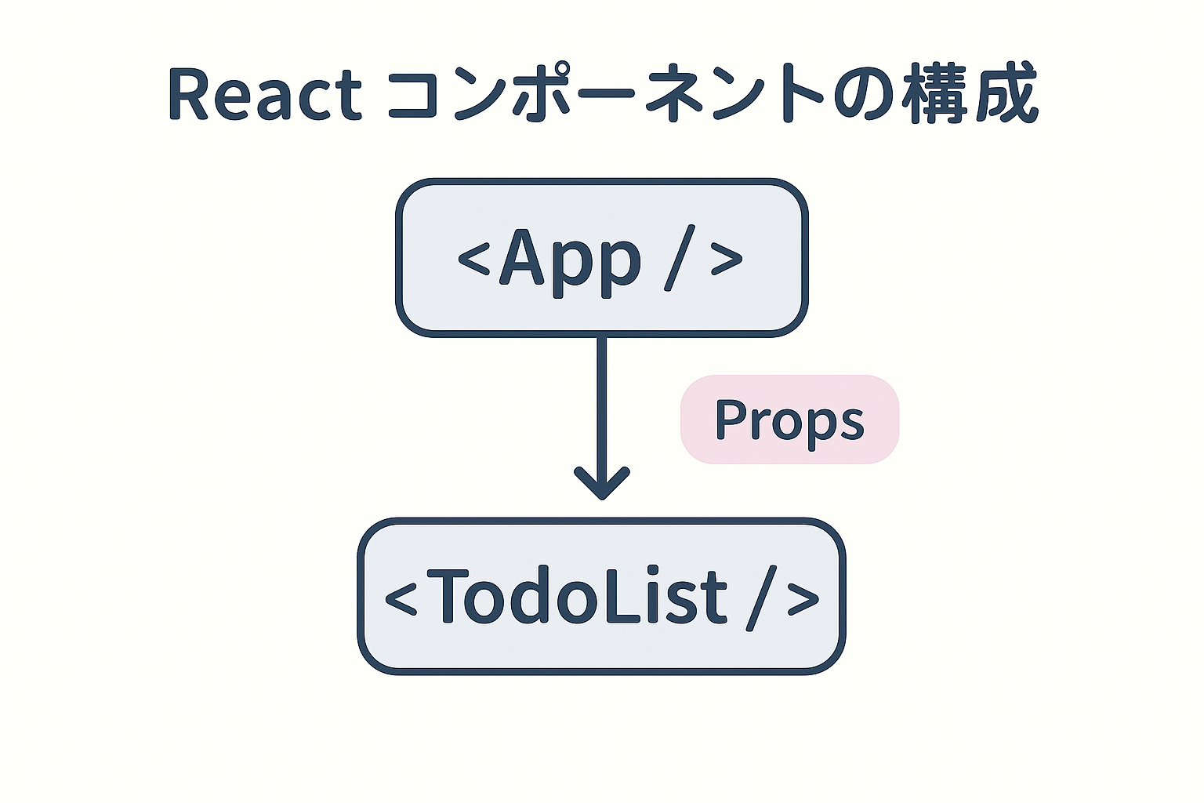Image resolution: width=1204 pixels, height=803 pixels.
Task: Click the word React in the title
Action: pos(264,95)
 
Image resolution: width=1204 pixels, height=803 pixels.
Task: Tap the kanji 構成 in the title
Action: pos(970,93)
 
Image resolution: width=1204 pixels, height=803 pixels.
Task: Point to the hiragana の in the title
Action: pos(863,95)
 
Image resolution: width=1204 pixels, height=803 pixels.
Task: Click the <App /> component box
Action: pos(601,258)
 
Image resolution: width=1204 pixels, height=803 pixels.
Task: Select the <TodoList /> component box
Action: pos(601,596)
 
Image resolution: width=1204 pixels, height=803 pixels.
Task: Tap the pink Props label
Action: pos(789,420)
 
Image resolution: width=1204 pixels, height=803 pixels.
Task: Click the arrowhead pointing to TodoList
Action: pos(602,483)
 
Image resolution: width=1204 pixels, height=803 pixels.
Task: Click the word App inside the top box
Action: pos(571,262)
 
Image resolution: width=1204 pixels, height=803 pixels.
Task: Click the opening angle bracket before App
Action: pos(473,259)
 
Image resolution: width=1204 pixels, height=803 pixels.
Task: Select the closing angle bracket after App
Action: pos(727,259)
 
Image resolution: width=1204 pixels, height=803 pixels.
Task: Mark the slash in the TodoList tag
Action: pos(762,598)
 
